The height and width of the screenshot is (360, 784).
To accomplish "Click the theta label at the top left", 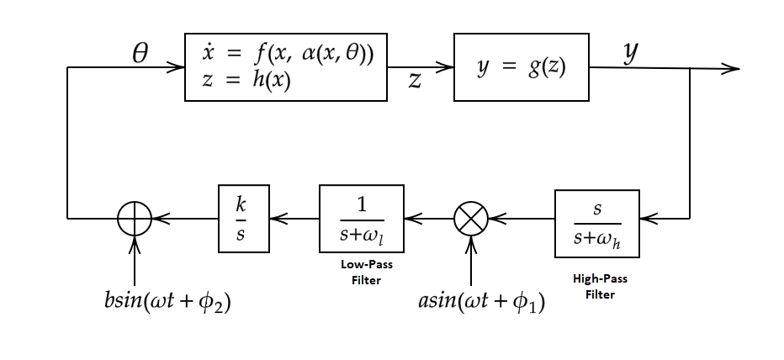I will coord(140,55).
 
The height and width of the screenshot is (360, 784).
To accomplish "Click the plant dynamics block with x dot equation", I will coord(285,67).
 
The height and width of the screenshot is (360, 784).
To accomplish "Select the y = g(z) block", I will coord(521,67).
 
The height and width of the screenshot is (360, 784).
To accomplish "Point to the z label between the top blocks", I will coord(415,81).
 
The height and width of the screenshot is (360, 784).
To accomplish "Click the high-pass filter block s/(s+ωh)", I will coord(596,224).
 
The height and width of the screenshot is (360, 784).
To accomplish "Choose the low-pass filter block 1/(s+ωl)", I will coord(361,219).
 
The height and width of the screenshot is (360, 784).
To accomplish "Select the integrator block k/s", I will coord(243,219).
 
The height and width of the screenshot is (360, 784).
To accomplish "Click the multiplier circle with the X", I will coord(470,220).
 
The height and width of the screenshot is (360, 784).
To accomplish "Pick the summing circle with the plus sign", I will coord(135,220).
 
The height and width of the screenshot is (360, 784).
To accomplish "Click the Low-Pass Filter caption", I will coord(366,272).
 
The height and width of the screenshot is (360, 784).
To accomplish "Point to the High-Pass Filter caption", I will coord(599,286).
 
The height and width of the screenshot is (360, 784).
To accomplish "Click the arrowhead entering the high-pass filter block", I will coord(646,220).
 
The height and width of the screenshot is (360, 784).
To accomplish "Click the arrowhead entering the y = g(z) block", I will coord(445,67).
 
